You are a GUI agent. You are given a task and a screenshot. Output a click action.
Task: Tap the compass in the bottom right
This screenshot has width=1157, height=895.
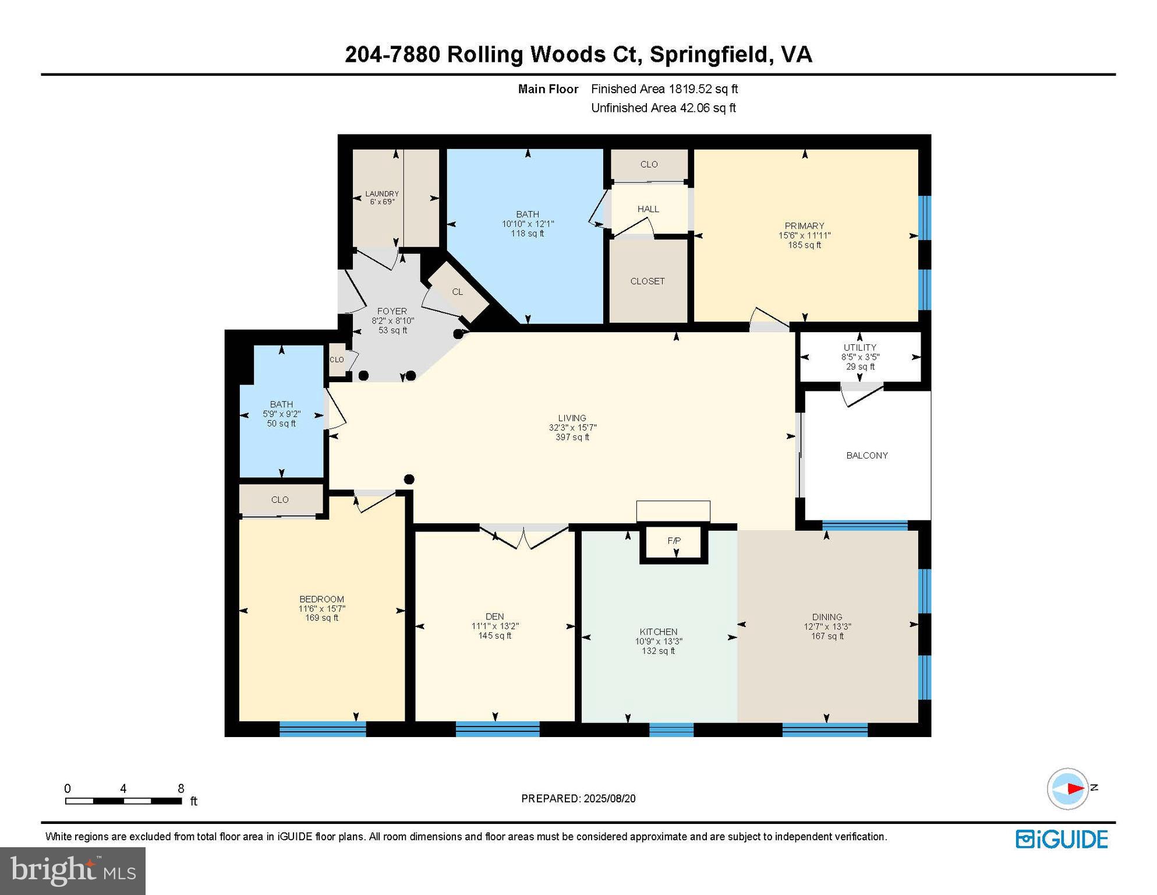1067,788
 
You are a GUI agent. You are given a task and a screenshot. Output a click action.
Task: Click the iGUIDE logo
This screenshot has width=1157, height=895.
1062,839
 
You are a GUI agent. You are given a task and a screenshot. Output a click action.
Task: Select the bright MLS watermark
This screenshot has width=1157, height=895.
73,871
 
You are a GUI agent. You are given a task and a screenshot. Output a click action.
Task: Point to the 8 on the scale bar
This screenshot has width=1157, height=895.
181,788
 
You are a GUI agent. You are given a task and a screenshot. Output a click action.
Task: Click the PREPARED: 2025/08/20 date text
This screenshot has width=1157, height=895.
578,798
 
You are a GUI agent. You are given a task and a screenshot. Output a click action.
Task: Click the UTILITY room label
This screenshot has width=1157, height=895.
859,347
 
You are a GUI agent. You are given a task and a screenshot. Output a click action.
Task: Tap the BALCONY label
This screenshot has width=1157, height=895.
866,456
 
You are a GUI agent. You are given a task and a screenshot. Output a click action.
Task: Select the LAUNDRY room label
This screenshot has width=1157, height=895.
382,193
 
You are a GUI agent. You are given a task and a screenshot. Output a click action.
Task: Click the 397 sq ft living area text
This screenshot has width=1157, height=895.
572,437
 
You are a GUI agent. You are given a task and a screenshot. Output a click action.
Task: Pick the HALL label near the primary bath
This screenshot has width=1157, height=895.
648,209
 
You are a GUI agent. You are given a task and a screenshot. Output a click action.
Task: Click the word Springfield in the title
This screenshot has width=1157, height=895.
710,54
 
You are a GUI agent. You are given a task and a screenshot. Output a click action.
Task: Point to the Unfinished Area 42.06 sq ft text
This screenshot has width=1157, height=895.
663,108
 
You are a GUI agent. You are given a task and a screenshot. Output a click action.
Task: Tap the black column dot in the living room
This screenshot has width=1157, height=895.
409,479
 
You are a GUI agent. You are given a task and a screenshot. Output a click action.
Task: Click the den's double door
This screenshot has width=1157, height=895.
523,537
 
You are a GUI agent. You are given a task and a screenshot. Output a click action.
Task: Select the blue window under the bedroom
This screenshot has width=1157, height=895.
323,729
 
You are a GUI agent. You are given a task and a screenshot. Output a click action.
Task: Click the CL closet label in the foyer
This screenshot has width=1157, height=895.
458,291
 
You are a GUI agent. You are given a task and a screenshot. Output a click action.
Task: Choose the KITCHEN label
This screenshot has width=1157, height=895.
659,632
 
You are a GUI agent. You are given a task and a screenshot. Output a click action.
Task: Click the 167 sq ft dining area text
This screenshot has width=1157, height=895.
827,636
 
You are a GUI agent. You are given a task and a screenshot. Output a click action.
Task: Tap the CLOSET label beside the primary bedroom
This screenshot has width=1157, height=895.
647,281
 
